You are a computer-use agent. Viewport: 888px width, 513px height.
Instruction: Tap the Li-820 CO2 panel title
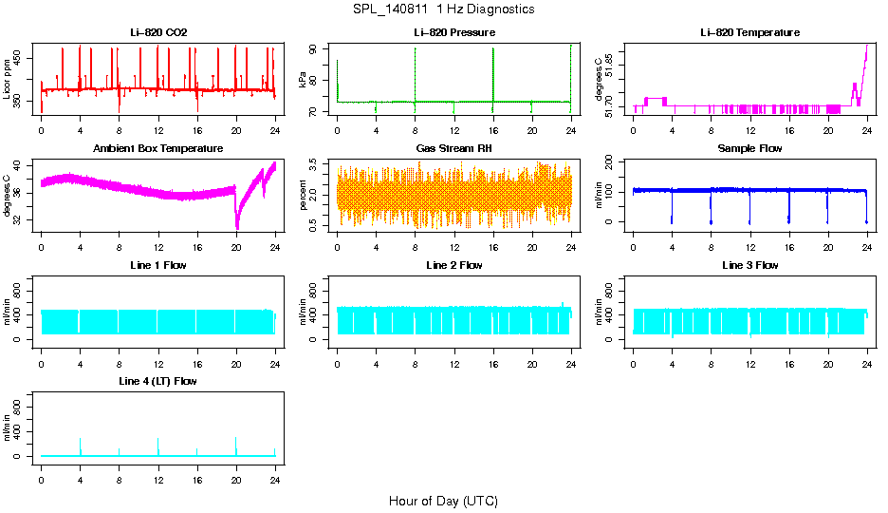point(158,33)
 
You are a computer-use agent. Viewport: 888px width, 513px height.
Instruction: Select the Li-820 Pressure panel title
point(453,33)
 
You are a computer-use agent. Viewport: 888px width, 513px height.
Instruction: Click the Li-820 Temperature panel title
point(749,33)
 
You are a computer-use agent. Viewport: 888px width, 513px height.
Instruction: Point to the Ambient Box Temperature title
point(158,149)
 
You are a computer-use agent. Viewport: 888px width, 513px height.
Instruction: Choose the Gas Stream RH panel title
point(453,149)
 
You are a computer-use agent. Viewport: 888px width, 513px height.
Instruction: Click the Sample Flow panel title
point(749,149)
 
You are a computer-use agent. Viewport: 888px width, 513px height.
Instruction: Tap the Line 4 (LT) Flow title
point(158,381)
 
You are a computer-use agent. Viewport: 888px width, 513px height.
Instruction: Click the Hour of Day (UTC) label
point(443,501)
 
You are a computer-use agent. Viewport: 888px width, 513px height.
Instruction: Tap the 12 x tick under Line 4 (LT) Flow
point(157,478)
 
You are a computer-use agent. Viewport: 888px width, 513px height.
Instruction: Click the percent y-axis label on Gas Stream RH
point(304,196)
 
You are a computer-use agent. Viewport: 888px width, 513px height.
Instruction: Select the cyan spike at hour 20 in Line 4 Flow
point(235,446)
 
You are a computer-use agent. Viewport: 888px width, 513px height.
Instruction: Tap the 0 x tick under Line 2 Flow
point(337,362)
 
